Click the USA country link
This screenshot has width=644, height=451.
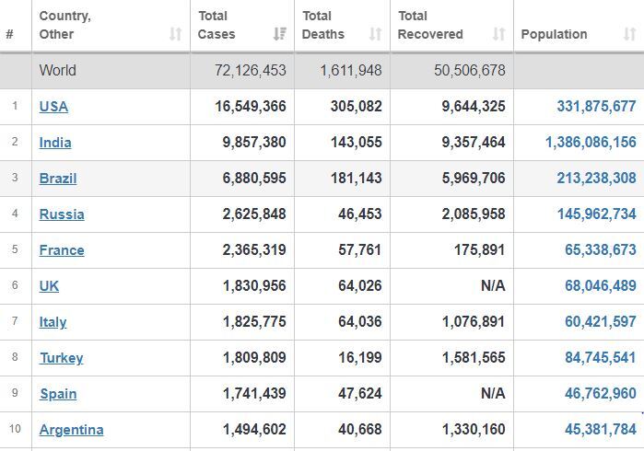(53, 106)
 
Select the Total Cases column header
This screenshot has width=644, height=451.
(217, 25)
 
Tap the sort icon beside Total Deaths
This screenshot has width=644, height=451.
(375, 34)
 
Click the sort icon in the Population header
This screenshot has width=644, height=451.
(629, 34)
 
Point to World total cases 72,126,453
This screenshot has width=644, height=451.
(250, 70)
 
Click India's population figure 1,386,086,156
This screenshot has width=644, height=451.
(591, 142)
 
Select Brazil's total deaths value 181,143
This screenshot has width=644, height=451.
(357, 178)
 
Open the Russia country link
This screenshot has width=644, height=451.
(62, 214)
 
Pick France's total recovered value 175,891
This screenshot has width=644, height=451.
(479, 249)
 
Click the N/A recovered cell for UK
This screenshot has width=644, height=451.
(493, 285)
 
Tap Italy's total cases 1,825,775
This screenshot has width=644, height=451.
(254, 321)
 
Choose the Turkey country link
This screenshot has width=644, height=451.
(62, 358)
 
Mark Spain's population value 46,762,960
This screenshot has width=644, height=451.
(601, 393)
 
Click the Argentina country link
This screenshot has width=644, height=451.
(72, 430)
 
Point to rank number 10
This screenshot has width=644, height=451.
(15, 429)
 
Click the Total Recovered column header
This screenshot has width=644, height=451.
(430, 25)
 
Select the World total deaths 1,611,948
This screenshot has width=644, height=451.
(351, 70)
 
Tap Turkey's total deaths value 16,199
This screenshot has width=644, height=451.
(360, 357)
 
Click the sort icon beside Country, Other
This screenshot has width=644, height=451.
(175, 34)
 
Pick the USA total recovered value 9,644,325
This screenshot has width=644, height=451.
(474, 106)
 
